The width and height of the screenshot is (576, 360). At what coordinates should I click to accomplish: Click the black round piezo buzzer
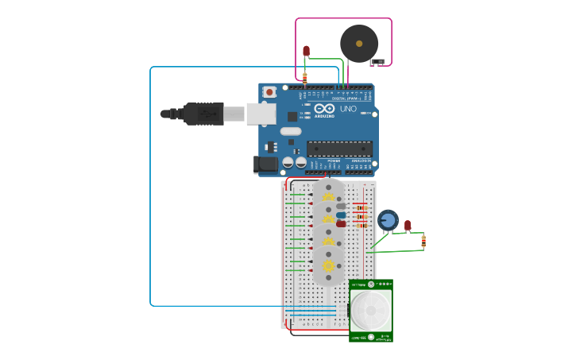[x=359, y=44]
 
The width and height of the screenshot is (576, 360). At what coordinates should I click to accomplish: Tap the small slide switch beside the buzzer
[x=378, y=62]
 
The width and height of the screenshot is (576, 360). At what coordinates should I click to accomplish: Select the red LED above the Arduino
[x=306, y=52]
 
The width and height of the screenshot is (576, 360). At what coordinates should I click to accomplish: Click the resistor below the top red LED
[x=304, y=76]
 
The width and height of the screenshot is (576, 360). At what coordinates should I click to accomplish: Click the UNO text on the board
[x=348, y=109]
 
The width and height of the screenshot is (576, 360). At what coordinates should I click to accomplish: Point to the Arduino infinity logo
[x=324, y=109]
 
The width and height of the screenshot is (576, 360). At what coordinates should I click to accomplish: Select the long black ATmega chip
[x=339, y=148]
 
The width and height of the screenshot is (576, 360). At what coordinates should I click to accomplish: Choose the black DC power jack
[x=265, y=165]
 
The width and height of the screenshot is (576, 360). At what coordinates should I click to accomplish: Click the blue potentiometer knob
[x=388, y=219]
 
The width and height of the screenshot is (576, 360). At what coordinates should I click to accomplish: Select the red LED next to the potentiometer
[x=408, y=226]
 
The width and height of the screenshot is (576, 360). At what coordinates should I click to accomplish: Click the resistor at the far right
[x=423, y=241]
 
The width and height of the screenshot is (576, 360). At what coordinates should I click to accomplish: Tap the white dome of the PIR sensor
[x=371, y=310]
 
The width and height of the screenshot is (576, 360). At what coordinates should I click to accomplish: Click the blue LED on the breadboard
[x=341, y=215]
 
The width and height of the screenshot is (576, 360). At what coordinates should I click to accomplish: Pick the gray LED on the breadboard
[x=341, y=206]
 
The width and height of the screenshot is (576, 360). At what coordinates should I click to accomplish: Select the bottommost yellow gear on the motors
[x=328, y=265]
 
